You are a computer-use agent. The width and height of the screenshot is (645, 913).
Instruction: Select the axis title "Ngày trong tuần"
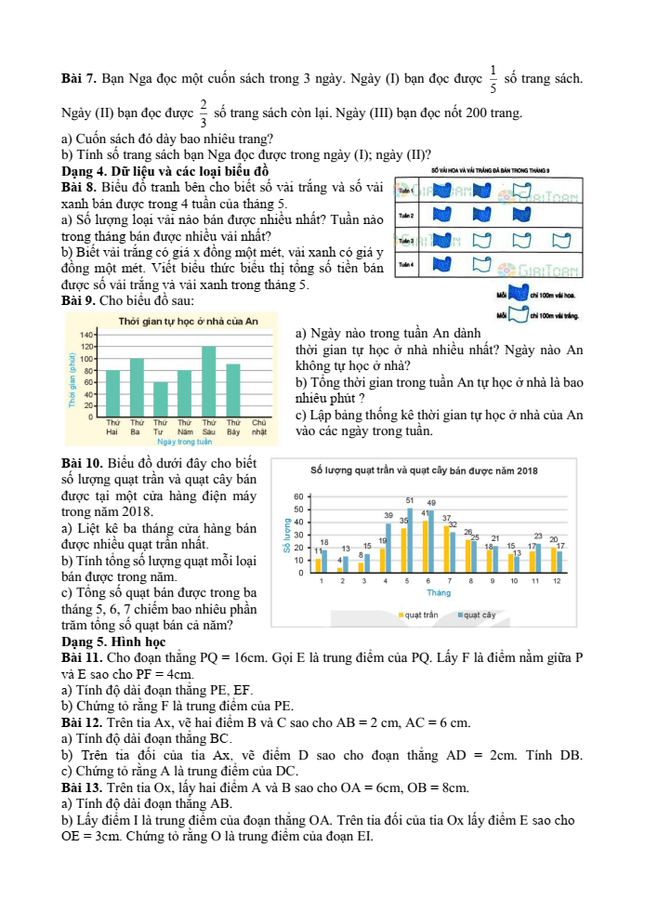(x=186, y=442)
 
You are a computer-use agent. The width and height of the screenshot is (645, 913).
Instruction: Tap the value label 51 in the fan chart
(x=410, y=500)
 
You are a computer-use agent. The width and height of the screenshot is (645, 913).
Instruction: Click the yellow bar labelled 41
(x=426, y=545)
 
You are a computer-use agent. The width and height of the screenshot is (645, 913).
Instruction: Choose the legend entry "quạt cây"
(x=477, y=615)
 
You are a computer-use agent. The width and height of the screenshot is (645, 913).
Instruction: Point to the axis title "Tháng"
(x=439, y=592)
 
